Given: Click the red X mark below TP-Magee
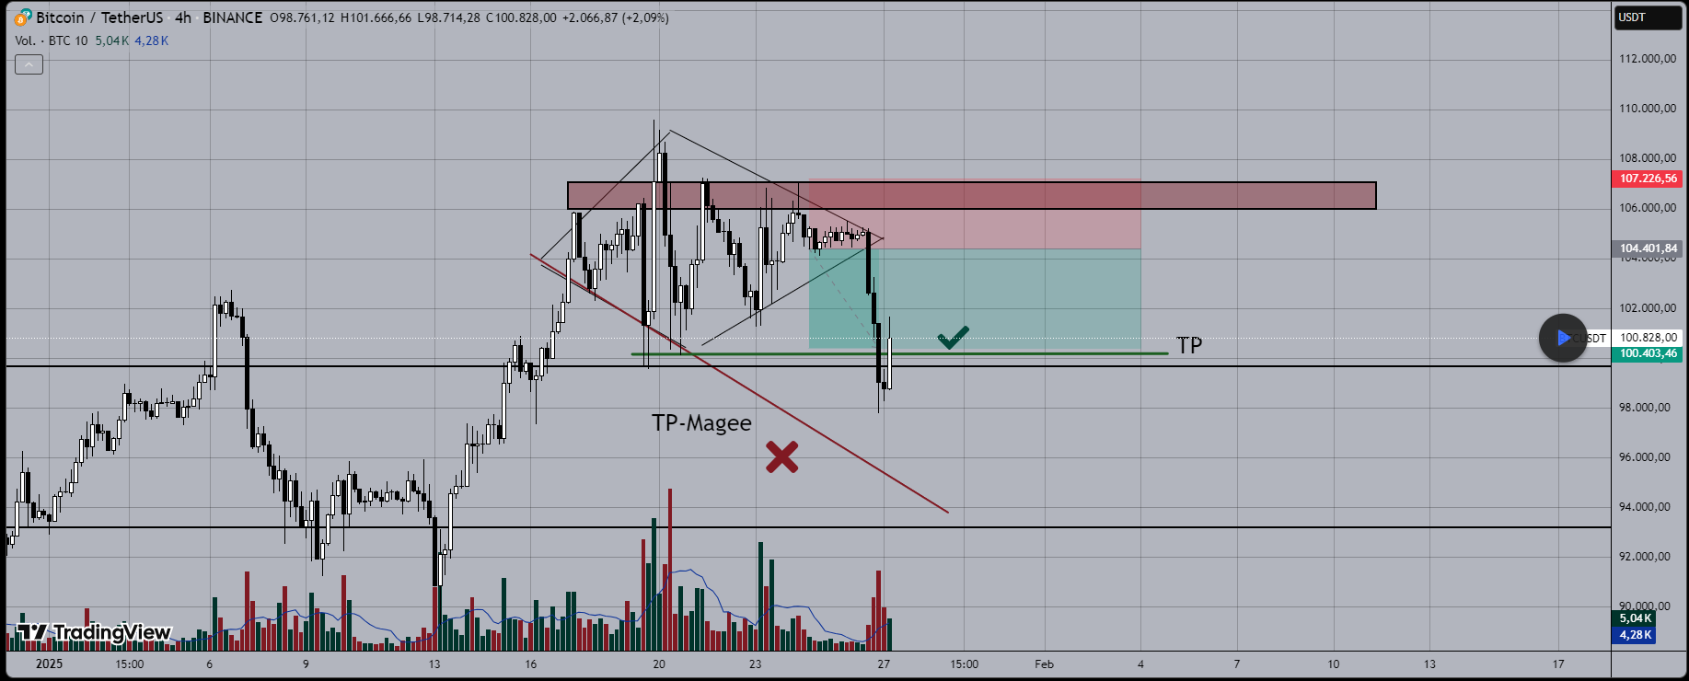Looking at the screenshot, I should [781, 457].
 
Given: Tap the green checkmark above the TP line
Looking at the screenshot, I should [953, 338].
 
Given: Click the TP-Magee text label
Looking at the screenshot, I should [701, 423].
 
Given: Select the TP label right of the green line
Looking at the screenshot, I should [1189, 345].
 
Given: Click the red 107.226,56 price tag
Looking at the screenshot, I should [1648, 179].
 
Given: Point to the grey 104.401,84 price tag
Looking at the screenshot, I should [1648, 248].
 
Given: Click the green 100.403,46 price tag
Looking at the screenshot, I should [1648, 353].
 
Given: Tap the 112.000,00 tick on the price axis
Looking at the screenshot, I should [1647, 59].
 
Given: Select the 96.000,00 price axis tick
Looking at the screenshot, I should [1647, 457].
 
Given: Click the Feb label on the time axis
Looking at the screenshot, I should [1044, 664].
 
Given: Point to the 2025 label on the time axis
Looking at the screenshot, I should [49, 664].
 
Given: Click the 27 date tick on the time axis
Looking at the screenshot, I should [884, 664].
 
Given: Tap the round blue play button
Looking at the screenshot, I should [1563, 339].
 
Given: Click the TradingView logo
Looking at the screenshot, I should [94, 632].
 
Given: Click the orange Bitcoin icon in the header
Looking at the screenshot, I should [23, 17].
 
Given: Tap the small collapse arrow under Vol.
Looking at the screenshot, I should [29, 64].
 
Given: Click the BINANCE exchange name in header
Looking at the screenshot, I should [232, 17].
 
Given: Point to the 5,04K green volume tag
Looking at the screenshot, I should [1636, 618].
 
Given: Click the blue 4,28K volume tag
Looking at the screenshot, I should [1636, 635].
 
